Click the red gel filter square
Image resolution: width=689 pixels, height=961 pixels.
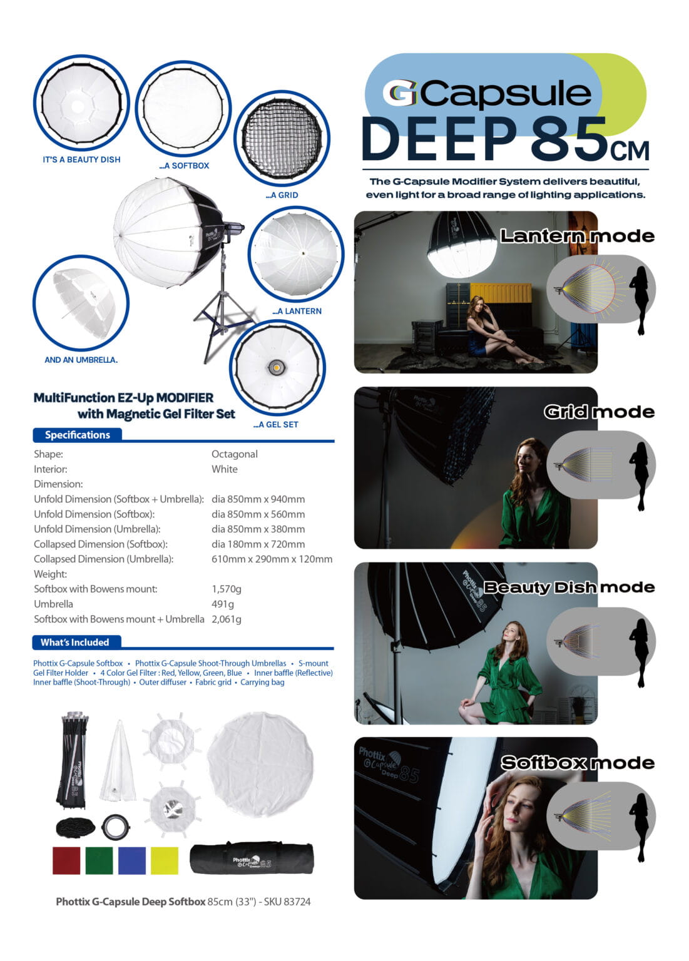[x=66, y=860]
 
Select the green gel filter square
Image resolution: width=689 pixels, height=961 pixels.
[x=99, y=860]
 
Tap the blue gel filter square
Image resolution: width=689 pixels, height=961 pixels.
[x=131, y=860]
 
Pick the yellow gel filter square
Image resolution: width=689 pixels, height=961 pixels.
[x=165, y=860]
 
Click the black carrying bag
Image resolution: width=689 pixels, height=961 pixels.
[x=252, y=858]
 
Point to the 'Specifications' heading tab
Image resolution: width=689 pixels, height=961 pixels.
[x=77, y=435]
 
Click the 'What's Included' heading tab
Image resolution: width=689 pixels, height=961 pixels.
[x=74, y=643]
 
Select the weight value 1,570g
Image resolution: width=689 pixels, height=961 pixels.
[x=227, y=589]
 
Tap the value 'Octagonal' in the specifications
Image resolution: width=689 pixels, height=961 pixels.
[x=235, y=454]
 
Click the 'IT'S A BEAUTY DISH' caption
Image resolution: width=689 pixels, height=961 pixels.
[x=81, y=160]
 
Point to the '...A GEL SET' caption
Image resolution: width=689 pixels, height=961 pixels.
[x=275, y=424]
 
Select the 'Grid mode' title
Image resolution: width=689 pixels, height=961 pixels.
[x=600, y=412]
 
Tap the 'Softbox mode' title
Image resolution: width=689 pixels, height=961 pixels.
[x=578, y=763]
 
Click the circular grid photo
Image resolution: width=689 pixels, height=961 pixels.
[x=282, y=138]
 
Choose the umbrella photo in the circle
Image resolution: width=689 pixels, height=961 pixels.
[x=81, y=303]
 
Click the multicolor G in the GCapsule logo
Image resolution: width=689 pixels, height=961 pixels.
[x=400, y=93]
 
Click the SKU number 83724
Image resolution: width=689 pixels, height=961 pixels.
[x=296, y=902]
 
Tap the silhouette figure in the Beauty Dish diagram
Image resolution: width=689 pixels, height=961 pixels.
[x=639, y=653]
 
